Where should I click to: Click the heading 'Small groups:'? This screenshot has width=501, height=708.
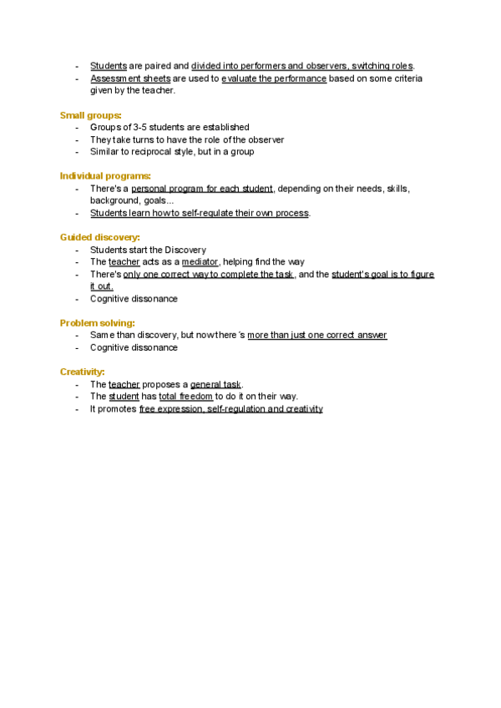pyautogui.click(x=91, y=114)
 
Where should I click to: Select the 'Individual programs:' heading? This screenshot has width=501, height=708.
pyautogui.click(x=105, y=175)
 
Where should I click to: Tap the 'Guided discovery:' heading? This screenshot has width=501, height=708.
pyautogui.click(x=99, y=237)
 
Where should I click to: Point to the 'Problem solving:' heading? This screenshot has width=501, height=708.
pyautogui.click(x=97, y=322)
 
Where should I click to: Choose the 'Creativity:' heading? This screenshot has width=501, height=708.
pyautogui.click(x=83, y=372)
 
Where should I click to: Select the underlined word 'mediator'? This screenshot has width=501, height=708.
pyautogui.click(x=200, y=261)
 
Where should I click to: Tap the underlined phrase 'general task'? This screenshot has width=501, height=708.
pyautogui.click(x=215, y=384)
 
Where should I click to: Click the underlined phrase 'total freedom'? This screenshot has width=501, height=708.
pyautogui.click(x=185, y=397)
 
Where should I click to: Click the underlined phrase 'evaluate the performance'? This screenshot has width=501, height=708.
pyautogui.click(x=274, y=78)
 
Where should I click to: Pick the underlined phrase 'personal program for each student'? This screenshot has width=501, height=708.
pyautogui.click(x=202, y=189)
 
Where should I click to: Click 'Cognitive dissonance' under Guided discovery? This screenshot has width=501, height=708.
pyautogui.click(x=134, y=299)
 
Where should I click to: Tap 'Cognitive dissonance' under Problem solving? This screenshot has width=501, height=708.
pyautogui.click(x=134, y=347)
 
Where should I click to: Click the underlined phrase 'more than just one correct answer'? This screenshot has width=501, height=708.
pyautogui.click(x=317, y=335)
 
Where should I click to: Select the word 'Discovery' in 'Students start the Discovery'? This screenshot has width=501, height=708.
pyautogui.click(x=185, y=250)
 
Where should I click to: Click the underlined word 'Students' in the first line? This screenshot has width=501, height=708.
pyautogui.click(x=109, y=66)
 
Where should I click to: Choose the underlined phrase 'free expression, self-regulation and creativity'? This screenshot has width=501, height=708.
pyautogui.click(x=230, y=409)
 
